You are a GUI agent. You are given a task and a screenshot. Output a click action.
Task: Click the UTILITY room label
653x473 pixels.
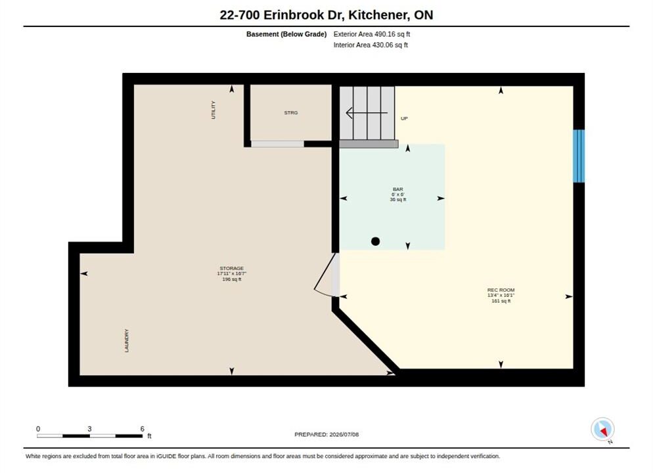tap(214, 110)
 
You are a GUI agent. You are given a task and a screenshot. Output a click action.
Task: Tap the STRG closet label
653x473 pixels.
tap(290, 113)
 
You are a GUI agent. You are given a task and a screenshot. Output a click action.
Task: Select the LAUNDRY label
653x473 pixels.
tap(127, 340)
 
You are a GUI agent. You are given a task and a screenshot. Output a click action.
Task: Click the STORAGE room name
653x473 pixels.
tap(231, 268)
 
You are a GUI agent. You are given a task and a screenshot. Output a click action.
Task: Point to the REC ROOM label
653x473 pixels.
tap(501, 290)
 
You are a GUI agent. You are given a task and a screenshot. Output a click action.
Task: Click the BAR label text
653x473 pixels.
tap(397, 189)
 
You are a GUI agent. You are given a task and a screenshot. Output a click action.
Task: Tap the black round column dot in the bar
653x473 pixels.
tap(375, 241)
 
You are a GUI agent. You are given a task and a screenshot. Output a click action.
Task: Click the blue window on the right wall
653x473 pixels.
tap(579, 156)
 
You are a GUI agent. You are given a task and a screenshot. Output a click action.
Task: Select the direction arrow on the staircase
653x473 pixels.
tap(367, 113)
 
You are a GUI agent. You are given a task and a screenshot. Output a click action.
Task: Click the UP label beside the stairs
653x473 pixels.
tap(404, 119)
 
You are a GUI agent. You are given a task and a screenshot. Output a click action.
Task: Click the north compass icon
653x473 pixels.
tap(602, 429)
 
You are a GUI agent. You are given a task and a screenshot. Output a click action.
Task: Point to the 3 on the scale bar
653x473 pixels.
tap(89, 429)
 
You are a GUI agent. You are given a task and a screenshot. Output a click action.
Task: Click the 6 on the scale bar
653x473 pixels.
tap(143, 429)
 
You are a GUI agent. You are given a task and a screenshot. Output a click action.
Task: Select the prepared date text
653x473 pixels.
tap(326, 434)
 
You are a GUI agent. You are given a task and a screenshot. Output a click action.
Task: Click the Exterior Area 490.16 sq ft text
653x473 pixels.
tap(371, 34)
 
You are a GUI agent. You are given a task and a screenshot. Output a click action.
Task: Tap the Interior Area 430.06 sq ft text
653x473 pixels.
tap(371, 45)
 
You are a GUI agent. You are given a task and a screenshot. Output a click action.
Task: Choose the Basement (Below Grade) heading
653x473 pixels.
tap(286, 34)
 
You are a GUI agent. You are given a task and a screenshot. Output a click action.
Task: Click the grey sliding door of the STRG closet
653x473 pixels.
tap(277, 144)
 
